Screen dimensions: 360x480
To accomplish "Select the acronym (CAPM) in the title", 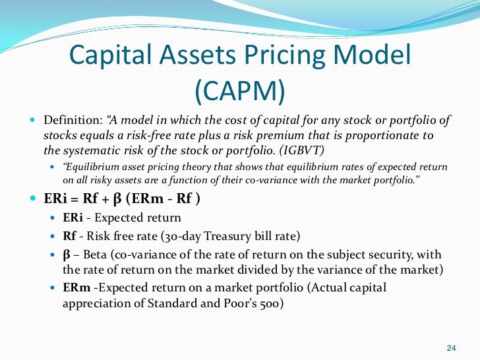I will click(x=239, y=90).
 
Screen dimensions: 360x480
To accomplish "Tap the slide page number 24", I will click(x=452, y=348).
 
